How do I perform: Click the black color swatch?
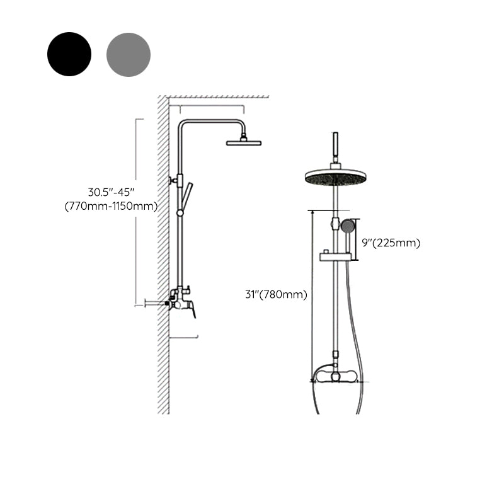tap(69, 54)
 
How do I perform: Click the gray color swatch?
tap(129, 55)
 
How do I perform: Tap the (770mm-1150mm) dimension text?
tap(111, 206)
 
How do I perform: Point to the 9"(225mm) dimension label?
tap(391, 243)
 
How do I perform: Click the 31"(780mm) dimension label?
tap(277, 294)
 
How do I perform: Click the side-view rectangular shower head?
tap(243, 143)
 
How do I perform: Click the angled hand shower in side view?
tap(186, 195)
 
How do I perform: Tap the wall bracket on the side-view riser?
tap(174, 181)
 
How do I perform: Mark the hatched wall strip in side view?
tap(163, 252)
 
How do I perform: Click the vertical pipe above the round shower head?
tap(335, 147)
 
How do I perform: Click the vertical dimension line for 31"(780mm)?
tap(312, 296)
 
